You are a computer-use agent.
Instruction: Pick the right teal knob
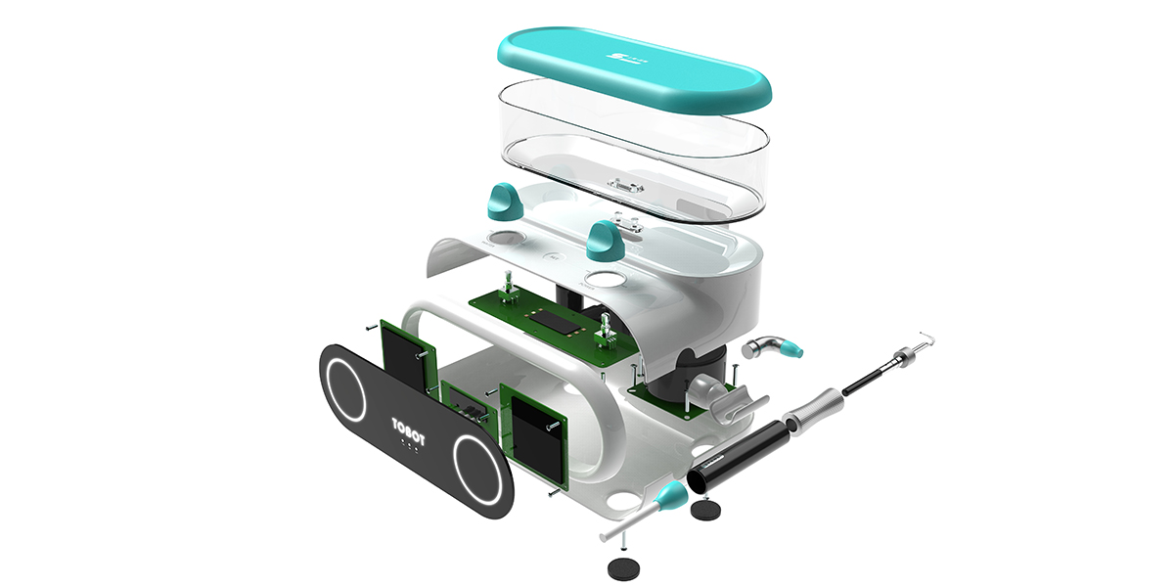point(606,239)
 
